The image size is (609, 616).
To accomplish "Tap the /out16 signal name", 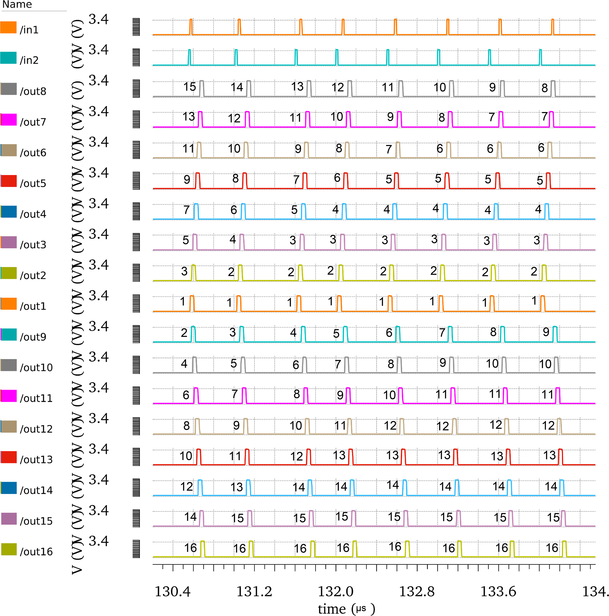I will pyautogui.click(x=36, y=551).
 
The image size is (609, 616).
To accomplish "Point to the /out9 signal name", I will pyautogui.click(x=33, y=337).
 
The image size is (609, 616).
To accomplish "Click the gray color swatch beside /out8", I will pyautogui.click(x=9, y=89).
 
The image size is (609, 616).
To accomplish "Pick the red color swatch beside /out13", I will pyautogui.click(x=9, y=457).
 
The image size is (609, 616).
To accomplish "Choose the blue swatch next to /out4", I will pyautogui.click(x=9, y=212).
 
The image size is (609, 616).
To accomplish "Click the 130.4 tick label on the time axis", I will pyautogui.click(x=172, y=592).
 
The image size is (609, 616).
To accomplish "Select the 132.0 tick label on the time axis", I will pyautogui.click(x=336, y=592).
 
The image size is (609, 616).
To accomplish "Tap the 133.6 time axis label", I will pyautogui.click(x=498, y=592).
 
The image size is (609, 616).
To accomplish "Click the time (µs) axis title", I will pyautogui.click(x=346, y=609).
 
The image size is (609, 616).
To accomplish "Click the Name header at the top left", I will pyautogui.click(x=17, y=4).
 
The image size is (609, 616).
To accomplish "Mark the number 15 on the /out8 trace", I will pyautogui.click(x=189, y=87).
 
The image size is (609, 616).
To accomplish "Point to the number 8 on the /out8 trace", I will pyautogui.click(x=544, y=88).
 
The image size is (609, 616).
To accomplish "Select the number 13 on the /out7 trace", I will pyautogui.click(x=189, y=117).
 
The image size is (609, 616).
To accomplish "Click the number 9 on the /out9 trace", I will pyautogui.click(x=546, y=332).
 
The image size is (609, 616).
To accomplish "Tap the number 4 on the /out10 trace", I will pyautogui.click(x=184, y=364).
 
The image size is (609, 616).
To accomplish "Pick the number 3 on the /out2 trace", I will pyautogui.click(x=184, y=271).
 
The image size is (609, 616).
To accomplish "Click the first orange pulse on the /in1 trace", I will pyautogui.click(x=191, y=27).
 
